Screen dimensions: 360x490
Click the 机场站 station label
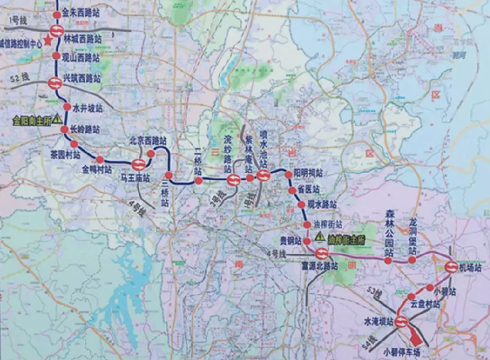tap(470, 269)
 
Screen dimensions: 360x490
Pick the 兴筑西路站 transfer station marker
tap(54, 84)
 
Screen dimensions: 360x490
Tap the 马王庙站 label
tap(133, 178)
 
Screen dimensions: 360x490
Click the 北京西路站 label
tap(148, 141)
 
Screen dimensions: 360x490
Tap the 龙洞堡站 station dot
tap(412, 260)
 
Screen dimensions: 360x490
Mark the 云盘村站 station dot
tap(411, 297)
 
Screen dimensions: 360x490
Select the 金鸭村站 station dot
tap(100, 160)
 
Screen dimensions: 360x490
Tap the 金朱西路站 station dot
tap(57, 14)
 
